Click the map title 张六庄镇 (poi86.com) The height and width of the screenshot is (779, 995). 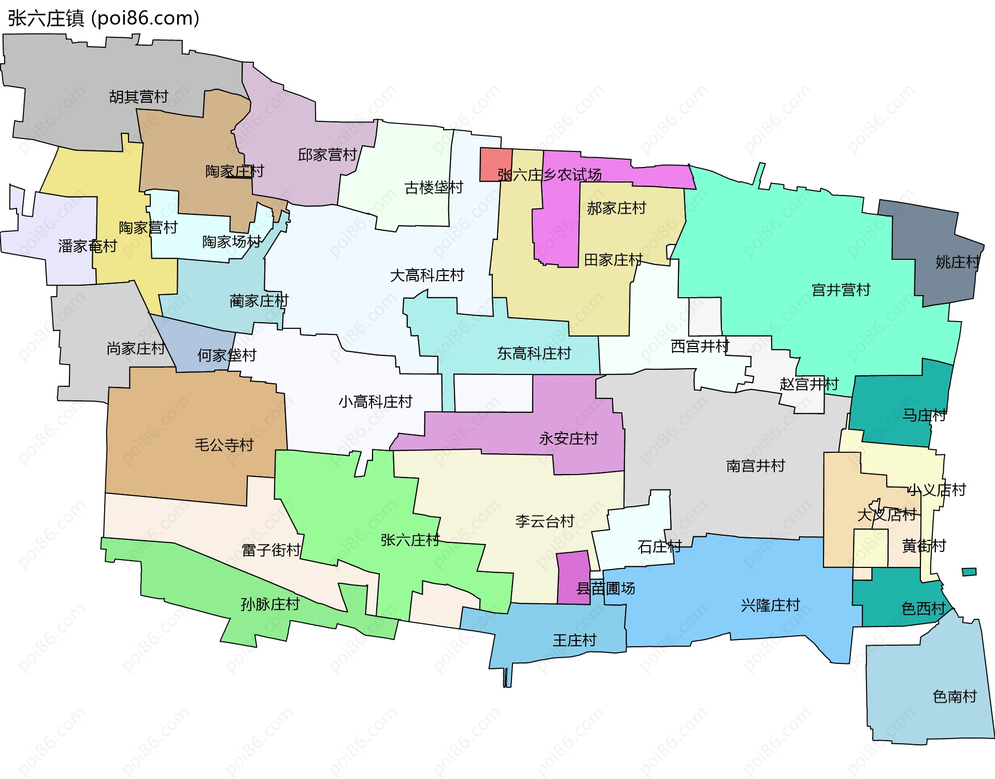tap(104, 18)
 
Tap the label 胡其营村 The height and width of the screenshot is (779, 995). tap(138, 97)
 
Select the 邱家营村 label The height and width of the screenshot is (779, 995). tap(327, 155)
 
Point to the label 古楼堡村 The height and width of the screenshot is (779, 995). tap(433, 187)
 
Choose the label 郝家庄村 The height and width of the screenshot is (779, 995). tap(616, 208)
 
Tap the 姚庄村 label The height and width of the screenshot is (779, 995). tap(957, 262)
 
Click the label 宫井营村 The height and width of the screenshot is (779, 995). tap(841, 290)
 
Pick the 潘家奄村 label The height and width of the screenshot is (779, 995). tap(87, 246)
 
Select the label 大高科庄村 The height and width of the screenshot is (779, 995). tap(427, 275)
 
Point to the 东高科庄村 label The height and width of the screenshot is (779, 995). tap(534, 353)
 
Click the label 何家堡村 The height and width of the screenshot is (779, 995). tap(226, 355)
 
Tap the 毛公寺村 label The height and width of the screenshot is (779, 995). tap(224, 445)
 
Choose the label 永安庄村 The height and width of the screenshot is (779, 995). tap(568, 439)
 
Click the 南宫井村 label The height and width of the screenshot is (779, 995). tap(755, 466)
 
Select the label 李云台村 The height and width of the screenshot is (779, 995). tap(545, 521)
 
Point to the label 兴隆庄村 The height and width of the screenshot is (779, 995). tap(770, 605)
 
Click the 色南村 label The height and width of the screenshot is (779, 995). tap(954, 697)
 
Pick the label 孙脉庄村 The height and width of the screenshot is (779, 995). tap(270, 604)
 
